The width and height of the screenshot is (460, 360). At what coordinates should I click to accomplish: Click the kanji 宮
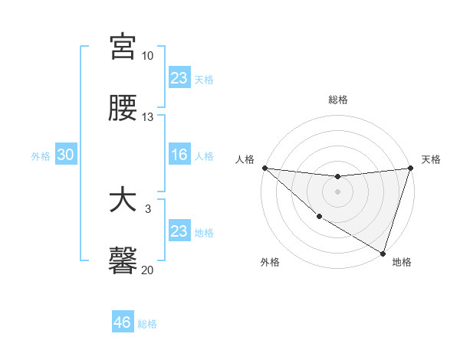click(123, 47)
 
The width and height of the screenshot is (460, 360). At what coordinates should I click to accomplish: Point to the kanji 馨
click(123, 261)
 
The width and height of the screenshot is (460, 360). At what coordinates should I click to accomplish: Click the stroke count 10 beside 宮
click(148, 56)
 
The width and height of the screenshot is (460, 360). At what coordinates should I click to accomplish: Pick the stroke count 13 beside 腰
click(148, 117)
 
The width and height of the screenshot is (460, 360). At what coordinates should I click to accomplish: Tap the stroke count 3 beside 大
click(149, 208)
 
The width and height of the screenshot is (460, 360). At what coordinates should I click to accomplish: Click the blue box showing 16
click(179, 155)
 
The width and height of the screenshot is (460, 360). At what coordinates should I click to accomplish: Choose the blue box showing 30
click(66, 155)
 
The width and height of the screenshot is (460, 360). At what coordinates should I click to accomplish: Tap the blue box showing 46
click(123, 322)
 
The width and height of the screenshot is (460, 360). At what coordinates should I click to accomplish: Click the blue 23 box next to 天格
click(179, 78)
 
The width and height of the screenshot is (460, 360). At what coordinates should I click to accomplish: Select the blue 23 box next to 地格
click(179, 231)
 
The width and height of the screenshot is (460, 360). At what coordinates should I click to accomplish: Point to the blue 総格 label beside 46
click(147, 324)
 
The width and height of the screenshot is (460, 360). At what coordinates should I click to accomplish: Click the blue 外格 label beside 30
click(41, 155)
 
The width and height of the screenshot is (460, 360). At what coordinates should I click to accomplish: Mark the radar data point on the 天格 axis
click(410, 168)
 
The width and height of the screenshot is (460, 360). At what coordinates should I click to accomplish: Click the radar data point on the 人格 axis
click(264, 168)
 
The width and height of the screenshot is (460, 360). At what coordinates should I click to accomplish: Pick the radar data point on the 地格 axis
click(383, 253)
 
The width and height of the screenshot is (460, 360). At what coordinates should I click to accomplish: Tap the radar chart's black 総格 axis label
click(337, 100)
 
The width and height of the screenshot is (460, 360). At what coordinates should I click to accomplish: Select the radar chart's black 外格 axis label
click(270, 263)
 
